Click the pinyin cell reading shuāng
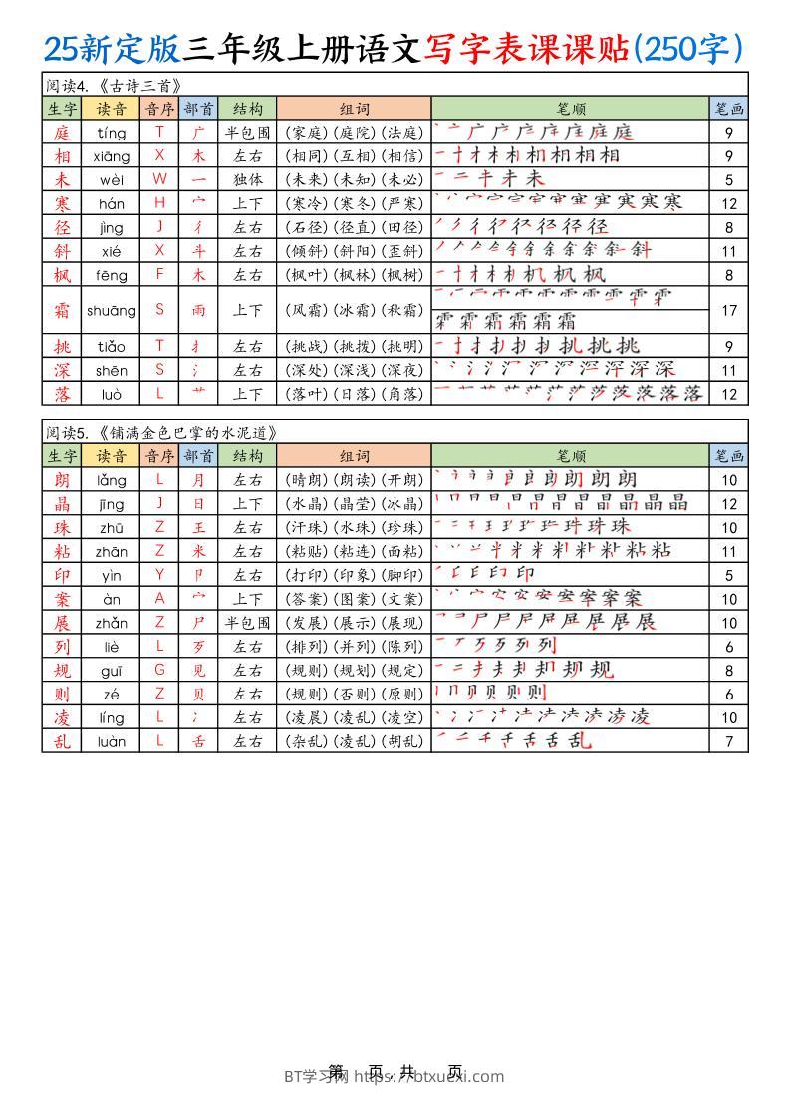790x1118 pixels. click(x=112, y=310)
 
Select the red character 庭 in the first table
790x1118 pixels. click(x=62, y=132)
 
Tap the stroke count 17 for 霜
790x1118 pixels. click(x=728, y=310)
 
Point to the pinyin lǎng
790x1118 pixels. click(x=112, y=480)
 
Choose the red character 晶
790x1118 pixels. click(x=62, y=503)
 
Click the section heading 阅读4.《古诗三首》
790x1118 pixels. click(x=115, y=85)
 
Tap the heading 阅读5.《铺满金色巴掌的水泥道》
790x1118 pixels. click(x=159, y=432)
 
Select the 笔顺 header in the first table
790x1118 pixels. click(x=571, y=109)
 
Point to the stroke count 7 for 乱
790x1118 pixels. click(x=728, y=741)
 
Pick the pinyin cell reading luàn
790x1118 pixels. click(x=112, y=741)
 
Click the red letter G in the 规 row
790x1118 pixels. click(x=159, y=671)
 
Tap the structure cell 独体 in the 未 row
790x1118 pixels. click(x=247, y=179)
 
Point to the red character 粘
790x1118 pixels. click(x=62, y=551)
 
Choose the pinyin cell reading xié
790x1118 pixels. click(x=112, y=251)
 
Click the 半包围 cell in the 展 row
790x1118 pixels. click(x=247, y=623)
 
